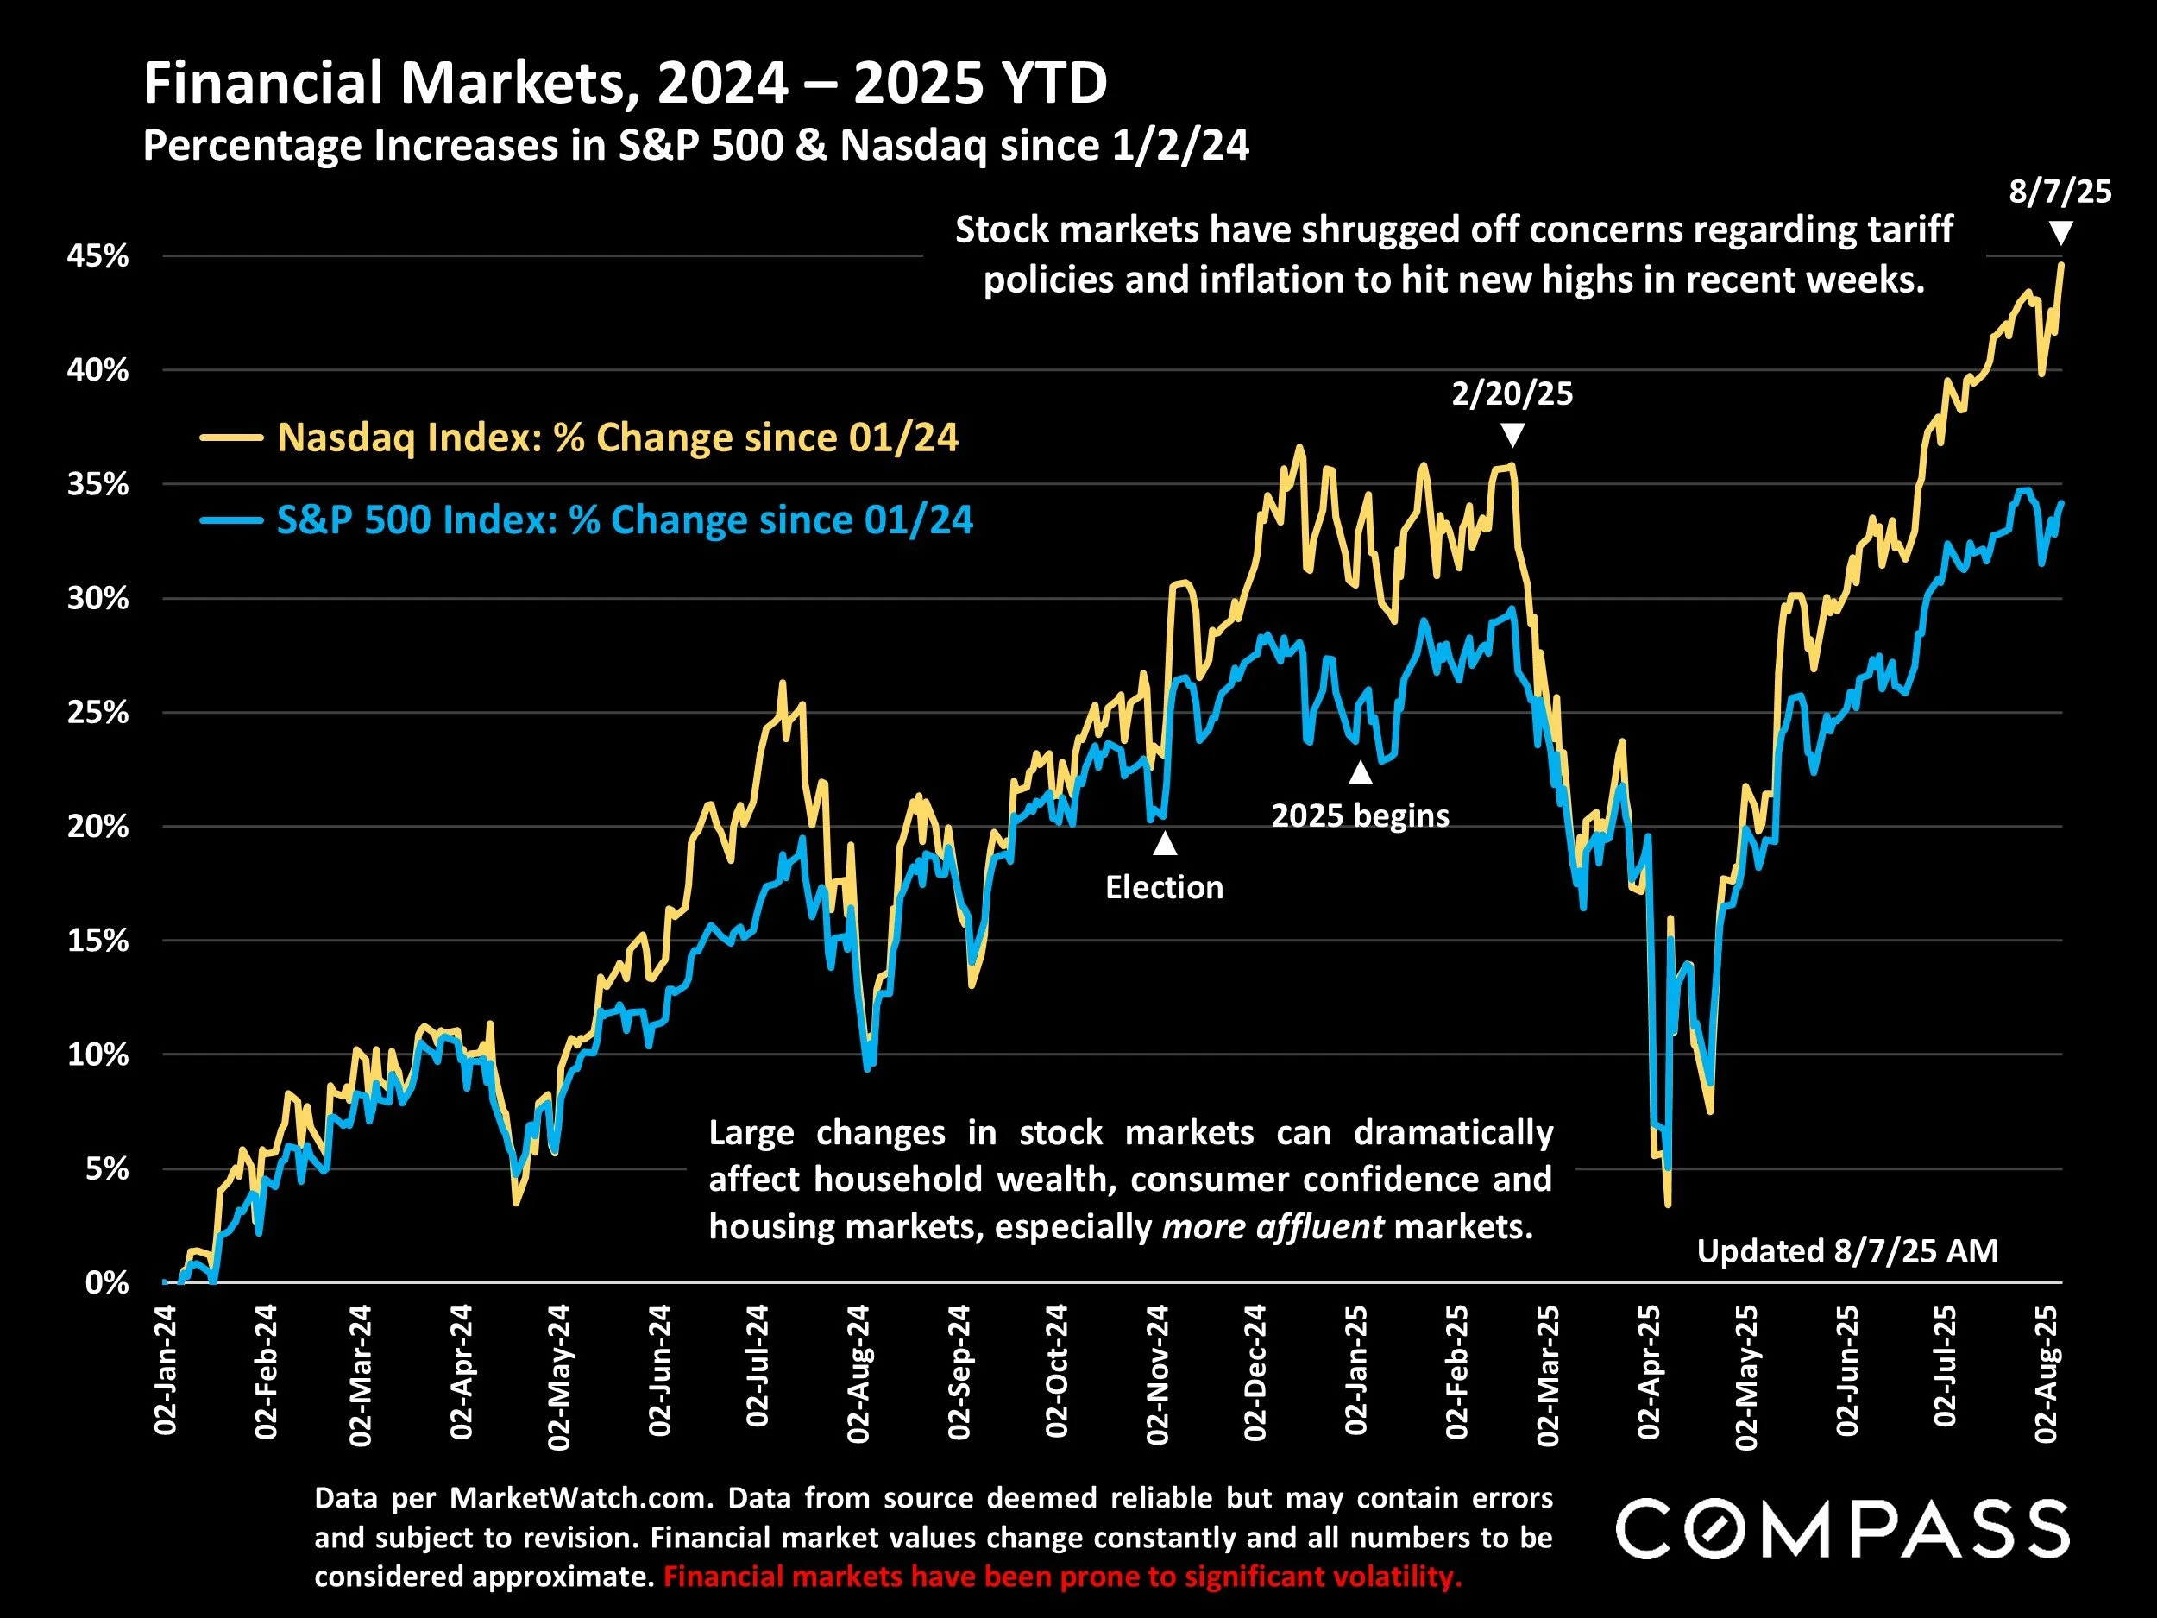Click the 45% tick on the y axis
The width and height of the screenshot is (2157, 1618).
(97, 256)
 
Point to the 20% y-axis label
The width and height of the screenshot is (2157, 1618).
(97, 827)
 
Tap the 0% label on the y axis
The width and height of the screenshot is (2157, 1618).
(106, 1282)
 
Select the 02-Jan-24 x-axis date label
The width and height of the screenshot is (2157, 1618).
(166, 1370)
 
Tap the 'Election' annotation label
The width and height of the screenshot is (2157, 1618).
(1164, 887)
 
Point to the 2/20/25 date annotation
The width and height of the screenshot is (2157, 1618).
(1512, 394)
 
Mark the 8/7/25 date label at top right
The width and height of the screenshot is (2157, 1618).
(2060, 192)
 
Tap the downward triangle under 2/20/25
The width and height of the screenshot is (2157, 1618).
(1512, 435)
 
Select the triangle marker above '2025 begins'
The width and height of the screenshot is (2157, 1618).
(1361, 773)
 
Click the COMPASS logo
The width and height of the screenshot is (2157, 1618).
(1842, 1528)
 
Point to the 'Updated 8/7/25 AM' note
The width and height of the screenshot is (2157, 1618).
(1847, 1251)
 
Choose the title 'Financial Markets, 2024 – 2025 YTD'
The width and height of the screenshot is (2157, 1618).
(625, 84)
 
